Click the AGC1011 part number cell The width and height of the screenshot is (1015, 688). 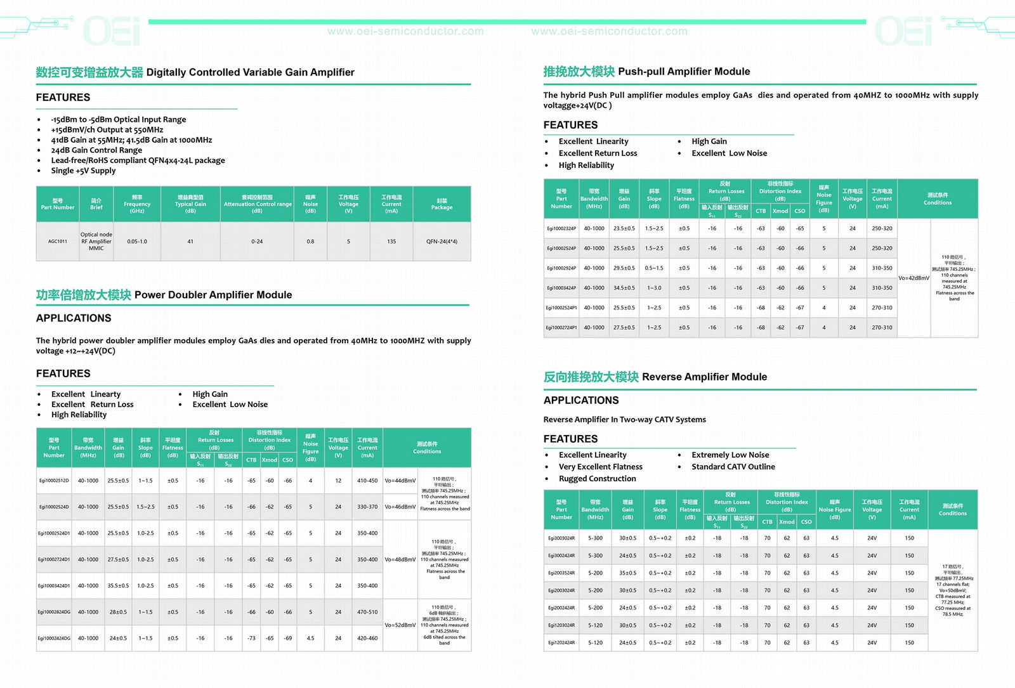tap(58, 242)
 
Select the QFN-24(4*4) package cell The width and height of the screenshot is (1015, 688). tap(442, 242)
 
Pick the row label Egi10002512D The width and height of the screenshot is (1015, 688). tap(54, 481)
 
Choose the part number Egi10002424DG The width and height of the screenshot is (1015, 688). tap(54, 639)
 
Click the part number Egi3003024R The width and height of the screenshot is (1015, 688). tap(561, 538)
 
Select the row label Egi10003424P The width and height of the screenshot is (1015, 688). tap(561, 288)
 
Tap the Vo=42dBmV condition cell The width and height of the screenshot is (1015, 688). tap(913, 278)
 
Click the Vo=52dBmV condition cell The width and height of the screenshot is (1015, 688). tap(400, 625)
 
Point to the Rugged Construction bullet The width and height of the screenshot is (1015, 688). tap(597, 479)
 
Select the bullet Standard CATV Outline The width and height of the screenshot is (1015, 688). tap(733, 467)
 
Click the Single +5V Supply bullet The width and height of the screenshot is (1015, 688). tap(83, 171)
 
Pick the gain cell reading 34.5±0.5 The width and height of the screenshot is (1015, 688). tap(624, 288)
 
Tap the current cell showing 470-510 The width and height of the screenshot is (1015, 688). tap(367, 613)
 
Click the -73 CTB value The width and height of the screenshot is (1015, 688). tap(251, 639)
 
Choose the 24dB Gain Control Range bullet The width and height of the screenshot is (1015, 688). tap(96, 150)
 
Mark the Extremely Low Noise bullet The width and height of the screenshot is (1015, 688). tap(730, 455)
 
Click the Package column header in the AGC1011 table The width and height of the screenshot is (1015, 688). tap(442, 204)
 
